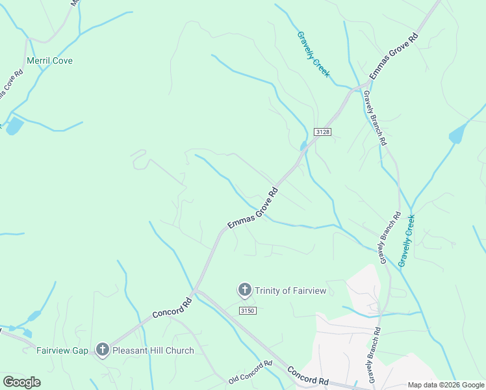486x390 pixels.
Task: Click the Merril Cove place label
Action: pyautogui.click(x=49, y=60)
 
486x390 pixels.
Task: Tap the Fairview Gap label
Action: pyautogui.click(x=62, y=350)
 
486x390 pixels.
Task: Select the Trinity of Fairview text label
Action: pyautogui.click(x=290, y=291)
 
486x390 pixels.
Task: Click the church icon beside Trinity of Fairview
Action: pyautogui.click(x=245, y=290)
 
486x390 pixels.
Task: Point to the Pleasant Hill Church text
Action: pyautogui.click(x=153, y=350)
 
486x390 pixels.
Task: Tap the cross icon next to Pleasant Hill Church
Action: pyautogui.click(x=102, y=350)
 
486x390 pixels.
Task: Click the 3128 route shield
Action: pyautogui.click(x=323, y=132)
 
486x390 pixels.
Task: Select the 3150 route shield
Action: pyautogui.click(x=248, y=311)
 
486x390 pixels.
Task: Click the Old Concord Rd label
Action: pyautogui.click(x=250, y=372)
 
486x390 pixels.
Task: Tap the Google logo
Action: pyautogui.click(x=21, y=382)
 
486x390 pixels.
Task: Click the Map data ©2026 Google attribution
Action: pyautogui.click(x=446, y=385)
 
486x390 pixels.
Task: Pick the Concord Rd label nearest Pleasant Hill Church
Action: pyautogui.click(x=173, y=307)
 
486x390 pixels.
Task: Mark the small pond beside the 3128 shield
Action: pyautogui.click(x=303, y=145)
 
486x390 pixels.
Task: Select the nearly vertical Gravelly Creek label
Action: pyautogui.click(x=407, y=239)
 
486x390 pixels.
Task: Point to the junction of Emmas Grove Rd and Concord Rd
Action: pyautogui.click(x=196, y=291)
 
